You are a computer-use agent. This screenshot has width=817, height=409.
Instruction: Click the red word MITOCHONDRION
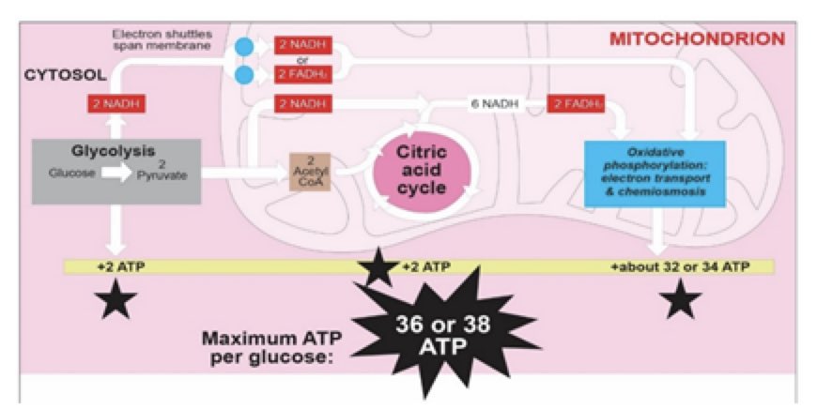click(697, 39)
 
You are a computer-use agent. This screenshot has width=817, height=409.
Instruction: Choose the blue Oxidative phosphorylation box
click(655, 173)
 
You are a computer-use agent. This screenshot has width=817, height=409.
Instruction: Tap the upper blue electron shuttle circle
click(244, 46)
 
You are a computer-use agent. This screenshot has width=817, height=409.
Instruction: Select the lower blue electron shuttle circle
click(244, 74)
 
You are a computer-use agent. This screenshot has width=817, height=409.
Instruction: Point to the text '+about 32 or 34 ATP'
click(680, 267)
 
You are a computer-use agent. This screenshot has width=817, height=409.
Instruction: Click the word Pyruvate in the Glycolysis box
click(169, 174)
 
